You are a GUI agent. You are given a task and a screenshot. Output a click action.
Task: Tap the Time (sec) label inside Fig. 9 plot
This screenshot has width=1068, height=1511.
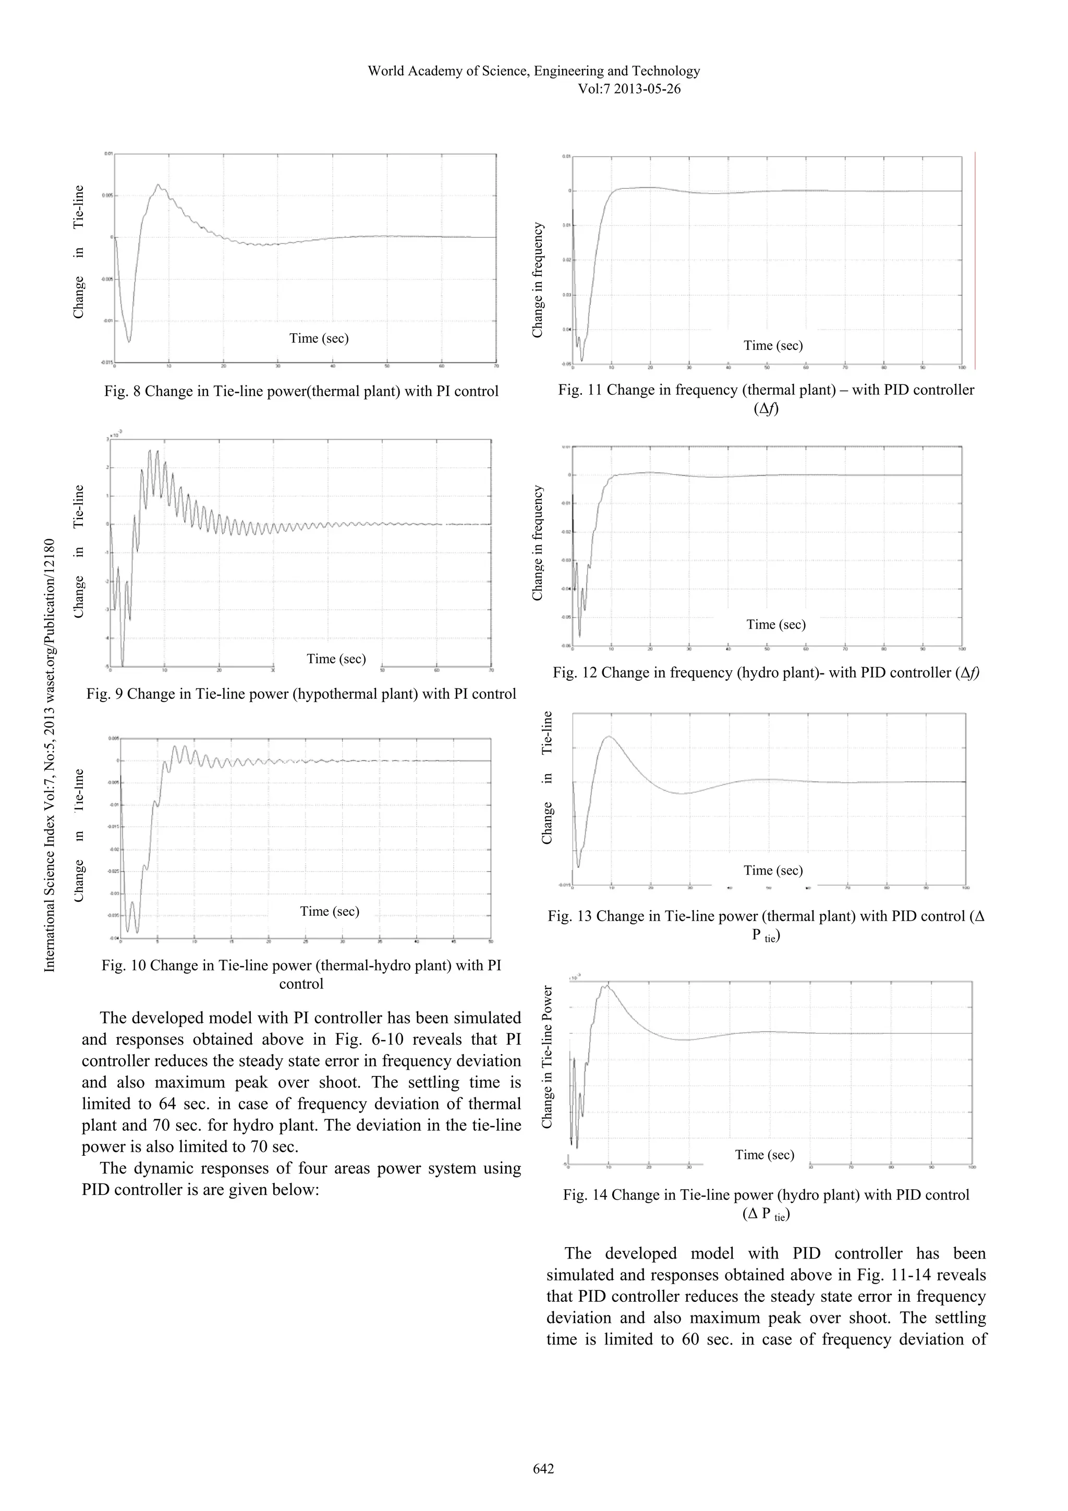[336, 659]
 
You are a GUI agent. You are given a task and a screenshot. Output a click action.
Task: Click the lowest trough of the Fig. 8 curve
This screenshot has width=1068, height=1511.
[129, 341]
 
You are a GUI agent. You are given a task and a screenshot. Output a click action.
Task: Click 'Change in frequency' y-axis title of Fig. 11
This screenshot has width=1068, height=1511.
[538, 280]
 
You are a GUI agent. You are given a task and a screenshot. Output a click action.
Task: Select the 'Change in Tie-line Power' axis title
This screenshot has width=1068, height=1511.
[547, 1056]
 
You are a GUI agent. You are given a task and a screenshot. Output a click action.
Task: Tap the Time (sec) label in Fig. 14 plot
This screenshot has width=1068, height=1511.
[764, 1154]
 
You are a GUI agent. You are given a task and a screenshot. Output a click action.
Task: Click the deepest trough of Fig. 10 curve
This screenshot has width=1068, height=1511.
[137, 932]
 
